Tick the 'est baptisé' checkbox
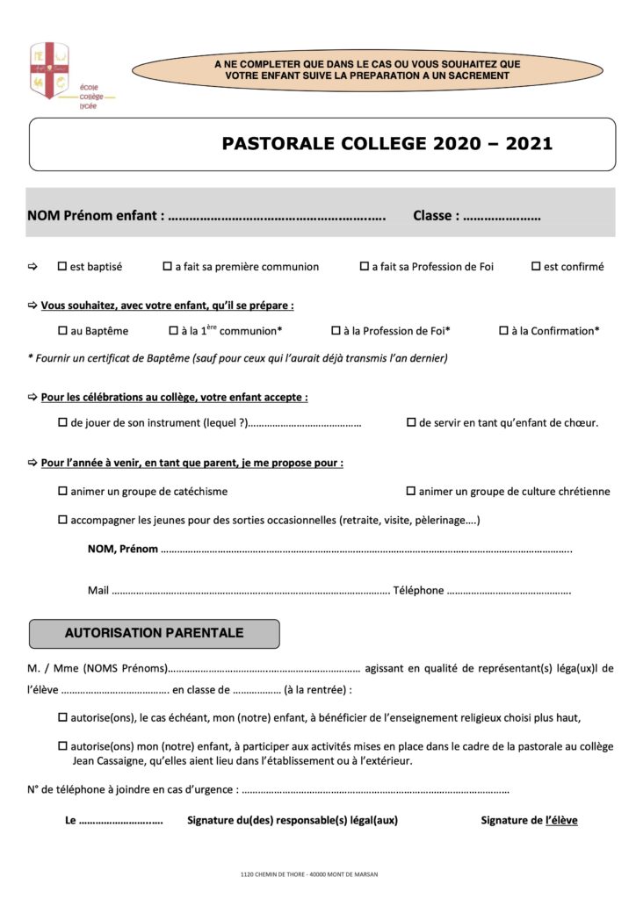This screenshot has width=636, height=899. point(62,266)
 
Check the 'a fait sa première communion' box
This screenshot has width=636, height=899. point(167,266)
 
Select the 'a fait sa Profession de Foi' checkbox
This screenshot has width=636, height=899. point(364,266)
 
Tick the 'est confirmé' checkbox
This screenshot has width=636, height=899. point(536,266)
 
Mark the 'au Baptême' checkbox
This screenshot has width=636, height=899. point(62,331)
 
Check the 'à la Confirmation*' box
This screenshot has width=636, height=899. point(504,331)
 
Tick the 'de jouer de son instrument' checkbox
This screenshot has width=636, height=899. point(62,422)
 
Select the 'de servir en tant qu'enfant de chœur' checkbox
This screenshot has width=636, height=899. point(411,422)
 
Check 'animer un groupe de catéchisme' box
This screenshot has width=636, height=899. point(62,491)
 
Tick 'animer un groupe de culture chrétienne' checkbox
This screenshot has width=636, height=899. point(411,491)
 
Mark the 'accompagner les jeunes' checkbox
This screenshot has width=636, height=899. point(62,520)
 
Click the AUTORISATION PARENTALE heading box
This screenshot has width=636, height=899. point(155,633)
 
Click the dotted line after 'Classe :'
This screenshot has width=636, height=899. point(501,216)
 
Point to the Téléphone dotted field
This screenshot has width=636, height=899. point(510,592)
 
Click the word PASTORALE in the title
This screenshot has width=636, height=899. point(276,144)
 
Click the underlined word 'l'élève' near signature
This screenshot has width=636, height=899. point(561,821)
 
